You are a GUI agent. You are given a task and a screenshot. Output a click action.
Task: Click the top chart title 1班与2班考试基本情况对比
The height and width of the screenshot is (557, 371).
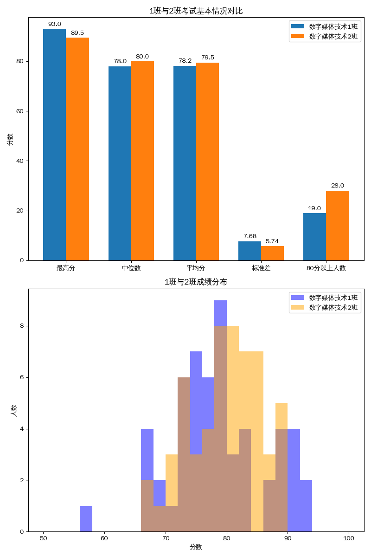coord(196,11)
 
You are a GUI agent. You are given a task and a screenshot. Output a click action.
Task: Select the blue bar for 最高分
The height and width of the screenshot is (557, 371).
coord(54,144)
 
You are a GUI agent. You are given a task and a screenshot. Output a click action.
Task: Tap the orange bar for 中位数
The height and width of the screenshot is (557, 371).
coord(142,160)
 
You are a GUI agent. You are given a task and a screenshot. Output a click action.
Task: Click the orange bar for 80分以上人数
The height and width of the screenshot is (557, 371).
coord(337,225)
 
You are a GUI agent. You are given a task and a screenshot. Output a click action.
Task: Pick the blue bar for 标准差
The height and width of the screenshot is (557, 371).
coord(249,251)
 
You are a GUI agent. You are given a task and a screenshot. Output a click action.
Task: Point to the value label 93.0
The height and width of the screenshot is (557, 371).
coord(54,24)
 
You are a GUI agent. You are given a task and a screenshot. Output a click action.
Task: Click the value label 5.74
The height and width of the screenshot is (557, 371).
coord(272,241)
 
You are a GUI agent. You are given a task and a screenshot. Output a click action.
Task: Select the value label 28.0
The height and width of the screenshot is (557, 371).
coord(337,186)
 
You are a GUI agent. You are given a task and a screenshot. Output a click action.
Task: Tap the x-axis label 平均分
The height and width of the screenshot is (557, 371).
coord(196,268)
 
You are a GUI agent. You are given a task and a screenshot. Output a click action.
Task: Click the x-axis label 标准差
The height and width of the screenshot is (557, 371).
coord(261,268)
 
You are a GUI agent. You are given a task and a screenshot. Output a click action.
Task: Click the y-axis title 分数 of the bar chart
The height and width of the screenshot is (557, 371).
coord(10,139)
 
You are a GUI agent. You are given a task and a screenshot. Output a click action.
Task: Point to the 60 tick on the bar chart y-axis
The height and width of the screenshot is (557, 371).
coord(20,111)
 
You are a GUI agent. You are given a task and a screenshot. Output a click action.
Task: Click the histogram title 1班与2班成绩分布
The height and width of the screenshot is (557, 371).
coord(196,282)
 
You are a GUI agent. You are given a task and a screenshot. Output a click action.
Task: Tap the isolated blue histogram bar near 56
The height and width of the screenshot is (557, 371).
coord(86,519)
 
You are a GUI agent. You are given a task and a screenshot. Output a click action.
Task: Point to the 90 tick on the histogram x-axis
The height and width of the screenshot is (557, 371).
coord(288,538)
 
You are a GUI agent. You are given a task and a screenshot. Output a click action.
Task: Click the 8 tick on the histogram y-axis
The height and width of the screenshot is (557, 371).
coord(22,326)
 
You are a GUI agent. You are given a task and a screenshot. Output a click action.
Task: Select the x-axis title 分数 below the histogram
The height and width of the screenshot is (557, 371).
coord(196,547)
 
